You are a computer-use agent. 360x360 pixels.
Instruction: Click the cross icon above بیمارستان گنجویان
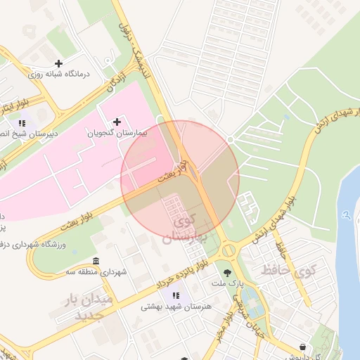coord(117,122)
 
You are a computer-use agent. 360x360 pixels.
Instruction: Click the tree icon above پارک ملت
coord(227,272)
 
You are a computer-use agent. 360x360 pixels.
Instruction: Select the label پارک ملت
coord(226,283)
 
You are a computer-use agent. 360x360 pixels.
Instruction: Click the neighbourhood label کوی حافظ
coord(289,269)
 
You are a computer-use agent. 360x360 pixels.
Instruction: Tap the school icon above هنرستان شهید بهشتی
coord(176,295)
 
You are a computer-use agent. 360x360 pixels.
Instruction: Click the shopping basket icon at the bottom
coord(303,347)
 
